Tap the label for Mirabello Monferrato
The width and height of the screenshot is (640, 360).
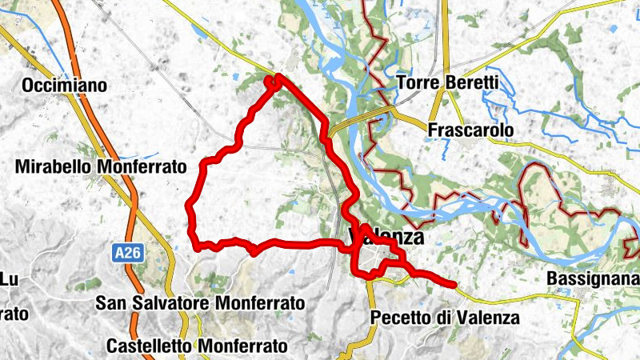pyautogui.click(x=100, y=166)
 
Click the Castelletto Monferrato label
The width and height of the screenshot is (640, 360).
pyautogui.click(x=196, y=346)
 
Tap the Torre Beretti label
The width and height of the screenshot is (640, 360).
pyautogui.click(x=448, y=82)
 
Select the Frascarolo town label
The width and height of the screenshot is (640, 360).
pyautogui.click(x=470, y=130)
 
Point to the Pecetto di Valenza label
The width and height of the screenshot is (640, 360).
pyautogui.click(x=446, y=318)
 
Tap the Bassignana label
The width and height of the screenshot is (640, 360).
pyautogui.click(x=592, y=278)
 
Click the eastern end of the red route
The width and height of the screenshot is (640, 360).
pyautogui.click(x=454, y=284)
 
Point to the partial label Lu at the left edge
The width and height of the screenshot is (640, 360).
pyautogui.click(x=9, y=278)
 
